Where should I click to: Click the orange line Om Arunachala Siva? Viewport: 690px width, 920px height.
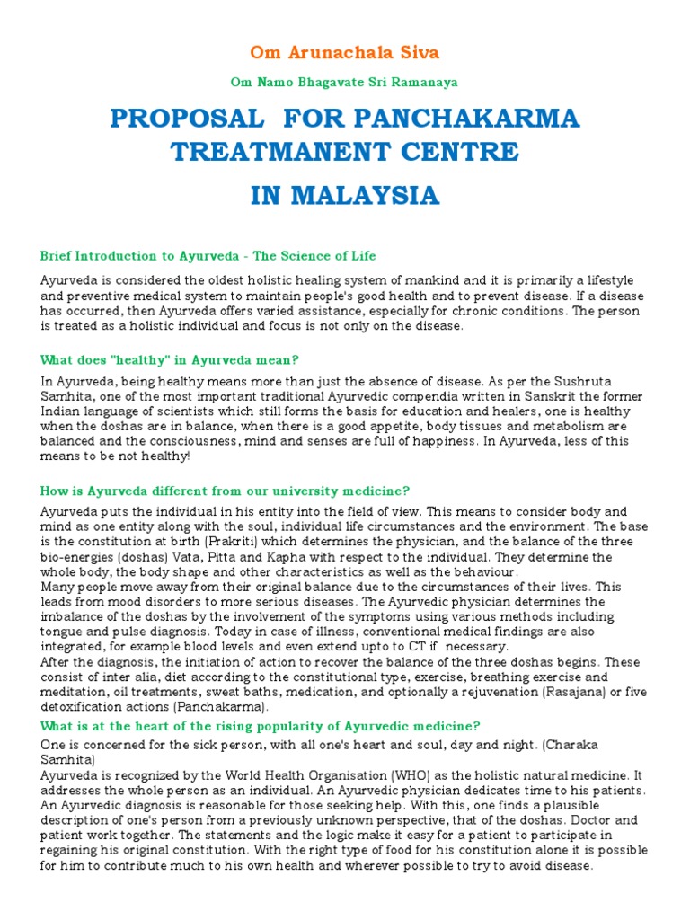coord(345,52)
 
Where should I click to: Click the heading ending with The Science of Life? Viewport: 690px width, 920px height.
coord(208,256)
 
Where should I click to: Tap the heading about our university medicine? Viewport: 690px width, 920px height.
coord(225,491)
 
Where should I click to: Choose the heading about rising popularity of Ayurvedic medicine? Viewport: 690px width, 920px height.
coord(261,725)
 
